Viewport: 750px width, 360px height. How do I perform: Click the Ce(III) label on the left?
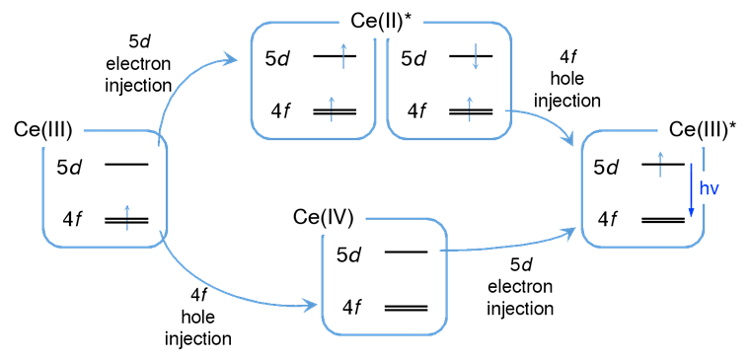coord(43,130)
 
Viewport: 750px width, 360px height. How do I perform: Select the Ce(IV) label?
coord(324,218)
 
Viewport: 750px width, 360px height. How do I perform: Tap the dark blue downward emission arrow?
coord(690,190)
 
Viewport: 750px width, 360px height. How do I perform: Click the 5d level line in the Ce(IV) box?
coord(407,252)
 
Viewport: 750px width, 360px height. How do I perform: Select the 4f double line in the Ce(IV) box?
coord(407,308)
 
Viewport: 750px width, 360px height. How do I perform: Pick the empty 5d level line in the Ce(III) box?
coord(126,165)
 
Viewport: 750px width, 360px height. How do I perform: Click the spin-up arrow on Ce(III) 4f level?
coord(126,218)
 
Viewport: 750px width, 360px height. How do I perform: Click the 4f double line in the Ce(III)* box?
coord(663,220)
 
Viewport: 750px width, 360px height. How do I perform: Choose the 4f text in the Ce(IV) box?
coord(351,307)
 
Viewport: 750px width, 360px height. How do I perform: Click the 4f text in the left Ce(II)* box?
coord(279,111)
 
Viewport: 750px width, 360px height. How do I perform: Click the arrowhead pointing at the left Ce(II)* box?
coord(232,59)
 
